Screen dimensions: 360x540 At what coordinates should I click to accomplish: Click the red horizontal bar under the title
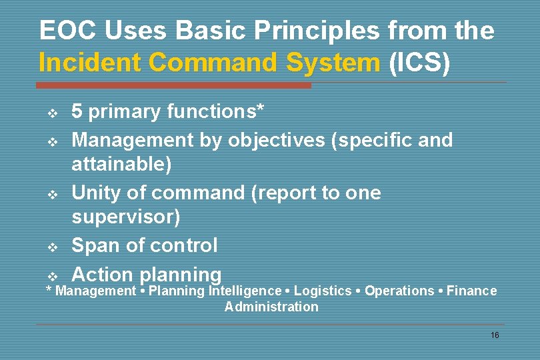click(x=173, y=85)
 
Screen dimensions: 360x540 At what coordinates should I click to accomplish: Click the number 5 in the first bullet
click(x=77, y=112)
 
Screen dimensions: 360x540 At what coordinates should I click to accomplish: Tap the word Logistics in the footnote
click(x=323, y=291)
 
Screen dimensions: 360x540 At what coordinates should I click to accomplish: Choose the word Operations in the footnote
click(x=399, y=291)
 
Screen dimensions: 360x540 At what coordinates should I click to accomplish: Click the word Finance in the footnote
click(x=471, y=291)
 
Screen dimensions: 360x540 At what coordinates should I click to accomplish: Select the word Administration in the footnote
click(x=271, y=307)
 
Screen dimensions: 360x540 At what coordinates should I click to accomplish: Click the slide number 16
click(x=494, y=335)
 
